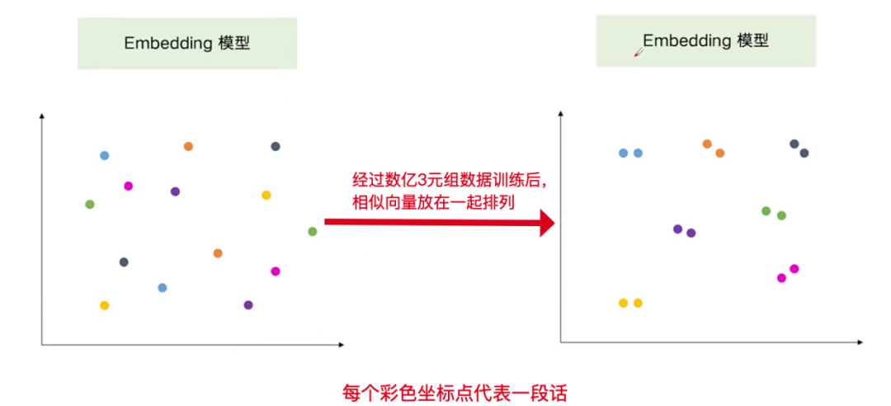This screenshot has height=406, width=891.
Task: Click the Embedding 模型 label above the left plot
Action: point(187,44)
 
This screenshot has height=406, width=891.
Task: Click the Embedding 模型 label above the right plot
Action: point(705,40)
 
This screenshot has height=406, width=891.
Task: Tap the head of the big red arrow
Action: point(546,222)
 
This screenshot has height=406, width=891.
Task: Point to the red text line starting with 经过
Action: point(449,180)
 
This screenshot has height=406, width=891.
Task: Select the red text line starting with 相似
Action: point(433,202)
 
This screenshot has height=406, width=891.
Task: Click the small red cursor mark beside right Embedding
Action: point(637,53)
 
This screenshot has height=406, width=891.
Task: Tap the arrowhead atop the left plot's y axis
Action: point(41,116)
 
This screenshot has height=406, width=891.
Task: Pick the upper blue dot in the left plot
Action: point(104,155)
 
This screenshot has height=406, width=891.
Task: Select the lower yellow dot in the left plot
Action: point(104,305)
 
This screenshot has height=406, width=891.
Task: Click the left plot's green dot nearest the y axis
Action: point(90,204)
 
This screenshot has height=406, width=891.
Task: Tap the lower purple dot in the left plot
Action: point(248,304)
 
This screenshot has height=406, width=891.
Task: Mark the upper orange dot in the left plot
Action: point(188,147)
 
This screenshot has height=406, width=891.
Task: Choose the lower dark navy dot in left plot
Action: point(124,262)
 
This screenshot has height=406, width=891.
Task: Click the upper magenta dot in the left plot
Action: point(128,186)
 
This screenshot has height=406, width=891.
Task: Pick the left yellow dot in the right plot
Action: point(623,303)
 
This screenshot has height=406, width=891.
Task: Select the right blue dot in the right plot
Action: point(638,153)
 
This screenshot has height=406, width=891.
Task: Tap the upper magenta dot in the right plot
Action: point(794,268)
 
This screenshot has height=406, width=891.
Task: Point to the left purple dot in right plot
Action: point(677,229)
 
